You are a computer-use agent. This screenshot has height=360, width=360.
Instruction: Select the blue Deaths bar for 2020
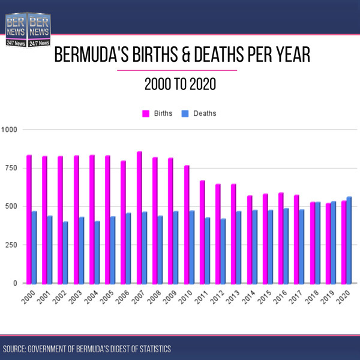pos(349,240)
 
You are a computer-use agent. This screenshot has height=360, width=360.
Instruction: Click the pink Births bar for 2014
pos(249,239)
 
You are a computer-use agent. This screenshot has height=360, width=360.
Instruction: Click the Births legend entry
pos(160,113)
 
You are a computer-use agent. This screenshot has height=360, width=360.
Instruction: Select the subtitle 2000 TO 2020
pos(180,85)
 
